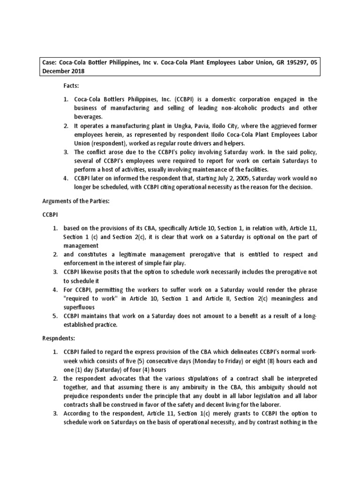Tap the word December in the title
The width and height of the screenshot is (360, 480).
coord(57,71)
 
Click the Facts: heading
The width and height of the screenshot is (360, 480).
coord(72,87)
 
